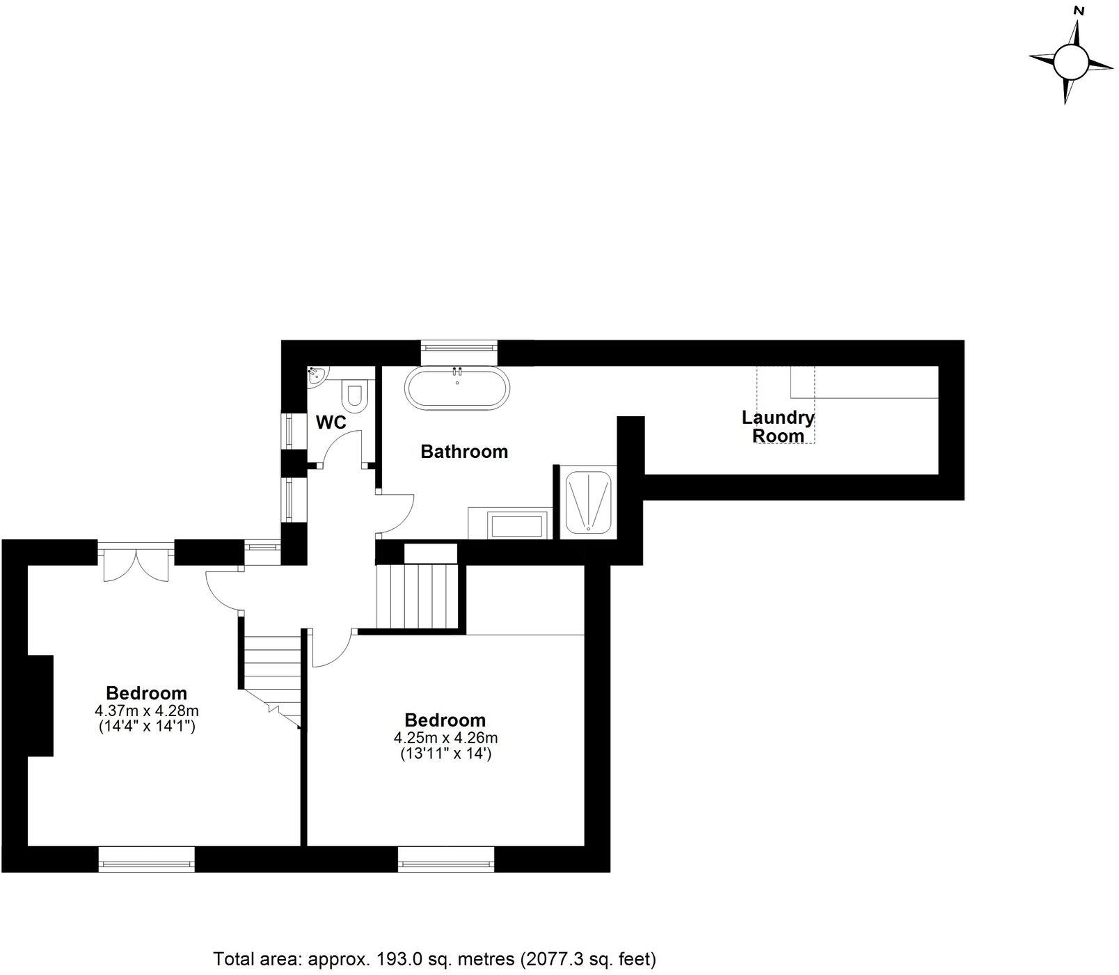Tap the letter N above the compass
1079,10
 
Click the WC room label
331,422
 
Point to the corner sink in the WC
315,376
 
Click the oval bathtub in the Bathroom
457,388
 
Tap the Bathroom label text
464,452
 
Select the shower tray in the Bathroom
589,501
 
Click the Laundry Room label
778,427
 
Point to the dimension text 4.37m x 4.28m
147,711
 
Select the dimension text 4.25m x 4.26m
445,738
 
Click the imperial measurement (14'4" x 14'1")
147,727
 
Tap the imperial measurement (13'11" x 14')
445,753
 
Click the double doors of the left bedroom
136,562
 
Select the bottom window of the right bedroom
446,859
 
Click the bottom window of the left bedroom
146,859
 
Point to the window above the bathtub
459,352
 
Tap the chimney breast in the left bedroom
40,705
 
